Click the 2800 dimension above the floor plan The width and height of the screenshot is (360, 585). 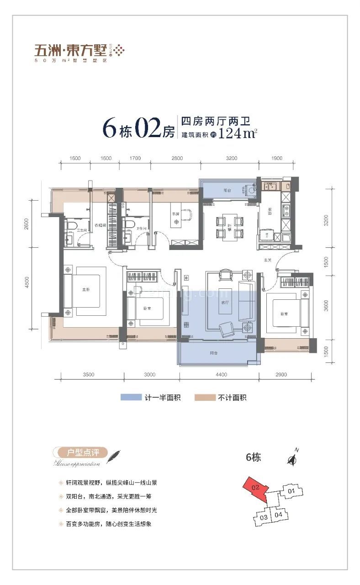coord(177,159)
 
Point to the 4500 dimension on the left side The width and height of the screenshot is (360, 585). coord(27,283)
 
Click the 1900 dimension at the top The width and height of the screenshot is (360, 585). coord(276,159)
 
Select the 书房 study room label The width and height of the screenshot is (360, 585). coord(174,213)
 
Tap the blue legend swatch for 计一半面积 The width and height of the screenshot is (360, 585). coord(131,398)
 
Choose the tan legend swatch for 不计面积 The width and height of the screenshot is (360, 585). coord(205,398)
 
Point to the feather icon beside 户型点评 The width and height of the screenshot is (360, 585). coord(113,456)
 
